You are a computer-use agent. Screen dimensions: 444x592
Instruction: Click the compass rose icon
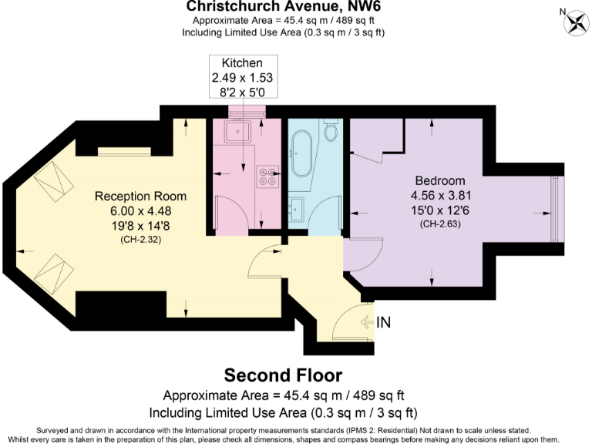click(573, 22)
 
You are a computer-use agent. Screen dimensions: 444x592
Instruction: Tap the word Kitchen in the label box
click(242, 62)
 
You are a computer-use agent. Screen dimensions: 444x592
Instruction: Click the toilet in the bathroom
click(332, 132)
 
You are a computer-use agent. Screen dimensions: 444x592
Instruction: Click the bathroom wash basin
click(298, 207)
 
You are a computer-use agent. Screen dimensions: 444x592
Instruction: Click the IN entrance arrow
click(378, 322)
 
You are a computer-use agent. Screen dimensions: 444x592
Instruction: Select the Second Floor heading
click(283, 375)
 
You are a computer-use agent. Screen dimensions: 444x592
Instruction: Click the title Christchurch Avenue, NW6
click(283, 7)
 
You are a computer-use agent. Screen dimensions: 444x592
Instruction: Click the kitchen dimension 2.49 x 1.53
click(242, 78)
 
